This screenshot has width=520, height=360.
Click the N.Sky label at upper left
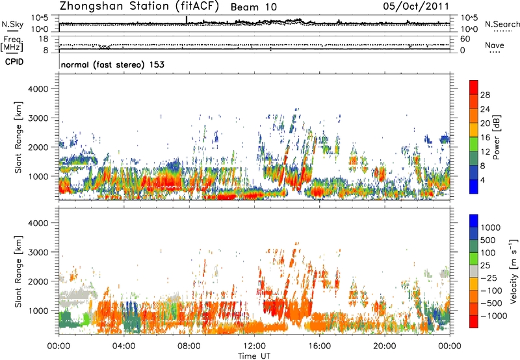10,24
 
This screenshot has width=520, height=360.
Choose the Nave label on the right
495,45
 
